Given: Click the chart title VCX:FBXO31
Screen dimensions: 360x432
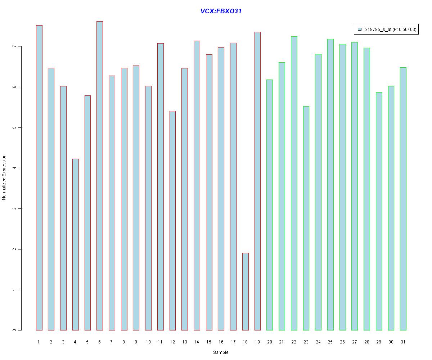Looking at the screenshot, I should click(x=221, y=11).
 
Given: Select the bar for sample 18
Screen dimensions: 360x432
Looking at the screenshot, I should click(x=245, y=292).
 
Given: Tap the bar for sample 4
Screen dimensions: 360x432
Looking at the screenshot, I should click(x=75, y=245).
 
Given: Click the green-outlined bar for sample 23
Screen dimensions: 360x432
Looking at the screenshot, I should click(x=306, y=218).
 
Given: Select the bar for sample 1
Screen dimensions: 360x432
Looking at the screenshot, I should click(x=39, y=178).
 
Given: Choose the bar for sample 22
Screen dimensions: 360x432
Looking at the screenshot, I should click(x=294, y=183).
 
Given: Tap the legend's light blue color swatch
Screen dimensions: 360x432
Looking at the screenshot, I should click(x=360, y=30).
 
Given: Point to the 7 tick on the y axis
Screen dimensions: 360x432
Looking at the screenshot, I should click(x=19, y=46).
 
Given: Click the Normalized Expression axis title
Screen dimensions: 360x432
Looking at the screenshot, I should click(x=4, y=177).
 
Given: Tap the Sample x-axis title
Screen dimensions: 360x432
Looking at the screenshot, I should click(x=221, y=352).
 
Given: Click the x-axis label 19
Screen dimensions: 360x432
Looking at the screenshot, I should click(x=257, y=342).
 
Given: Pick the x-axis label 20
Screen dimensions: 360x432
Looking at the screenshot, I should click(x=270, y=342).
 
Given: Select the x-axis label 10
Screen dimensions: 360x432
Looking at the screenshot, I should click(x=148, y=342).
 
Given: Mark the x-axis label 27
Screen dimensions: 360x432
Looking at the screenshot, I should click(x=355, y=342).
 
